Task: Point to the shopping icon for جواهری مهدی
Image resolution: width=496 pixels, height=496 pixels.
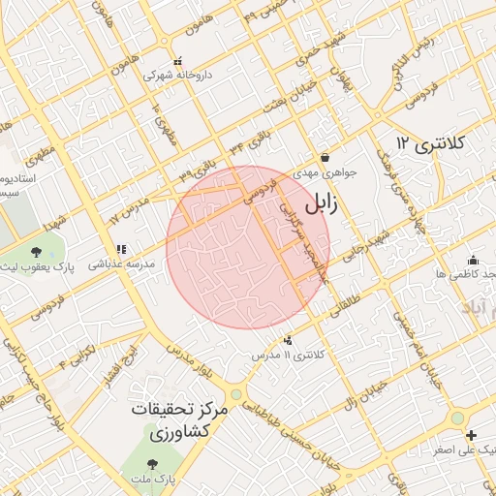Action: [x=324, y=157]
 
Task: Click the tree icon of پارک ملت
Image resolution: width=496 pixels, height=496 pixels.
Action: [x=154, y=461]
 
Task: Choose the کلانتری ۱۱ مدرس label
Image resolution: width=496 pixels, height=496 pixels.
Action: [x=288, y=356]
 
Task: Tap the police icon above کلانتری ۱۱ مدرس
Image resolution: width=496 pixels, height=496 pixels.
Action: [x=288, y=340]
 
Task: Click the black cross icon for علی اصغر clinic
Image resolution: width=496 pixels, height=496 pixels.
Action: [x=471, y=435]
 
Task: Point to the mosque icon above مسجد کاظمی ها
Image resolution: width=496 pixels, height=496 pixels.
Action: [x=472, y=260]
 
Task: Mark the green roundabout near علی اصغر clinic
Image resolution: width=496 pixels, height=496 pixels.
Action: [x=456, y=418]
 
